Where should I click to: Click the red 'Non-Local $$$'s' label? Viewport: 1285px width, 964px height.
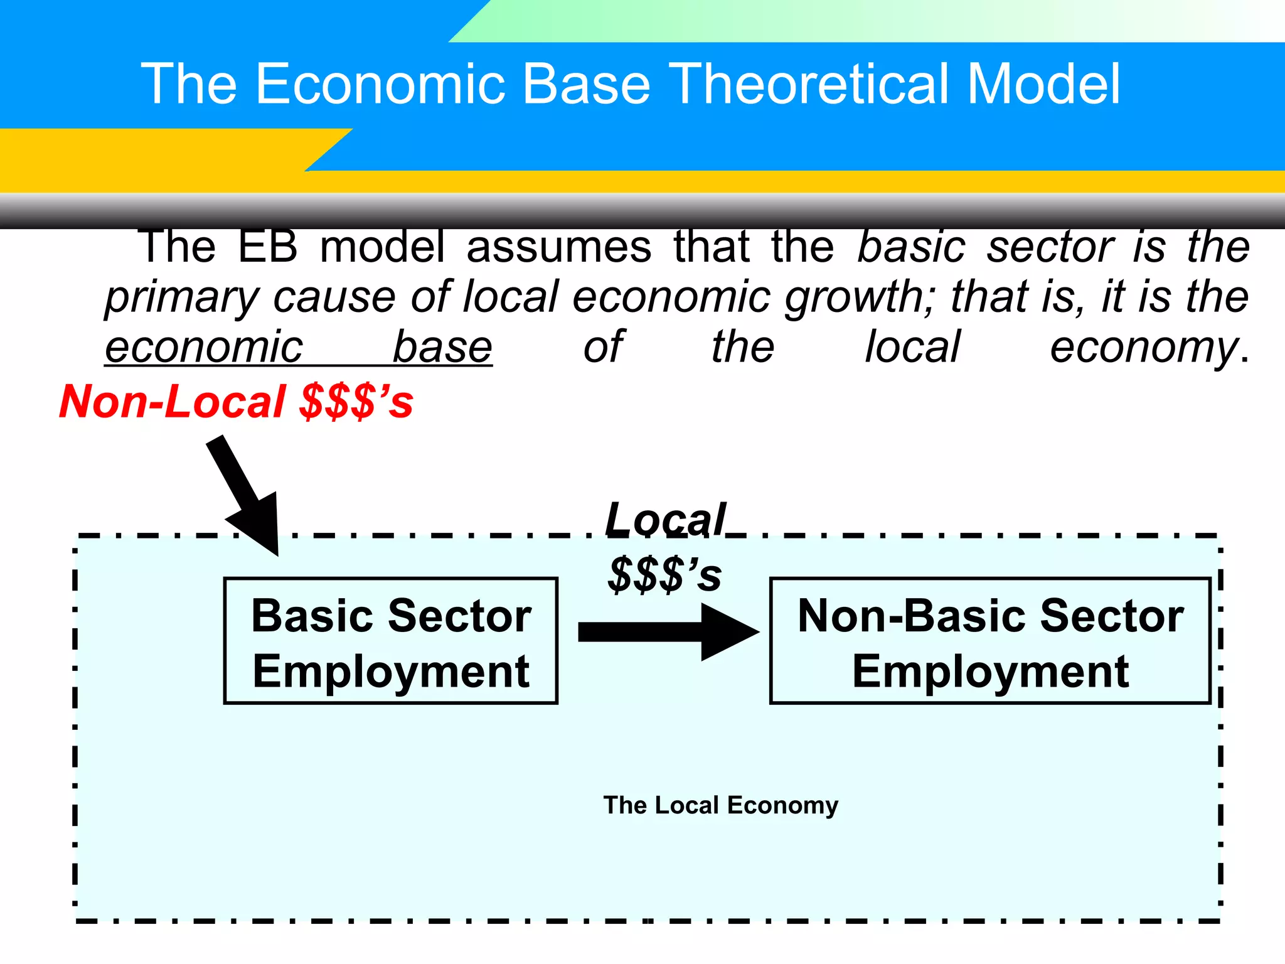[236, 402]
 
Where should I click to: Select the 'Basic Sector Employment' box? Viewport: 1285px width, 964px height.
[391, 641]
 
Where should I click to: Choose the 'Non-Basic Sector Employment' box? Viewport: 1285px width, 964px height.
[990, 641]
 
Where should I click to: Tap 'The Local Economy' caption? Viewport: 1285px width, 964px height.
[720, 805]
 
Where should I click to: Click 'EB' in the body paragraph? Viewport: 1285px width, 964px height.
[268, 247]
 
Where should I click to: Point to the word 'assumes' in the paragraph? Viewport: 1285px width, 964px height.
[559, 247]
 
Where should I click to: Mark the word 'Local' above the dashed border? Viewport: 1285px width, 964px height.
[665, 520]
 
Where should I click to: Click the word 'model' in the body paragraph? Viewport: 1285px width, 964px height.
[382, 247]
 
